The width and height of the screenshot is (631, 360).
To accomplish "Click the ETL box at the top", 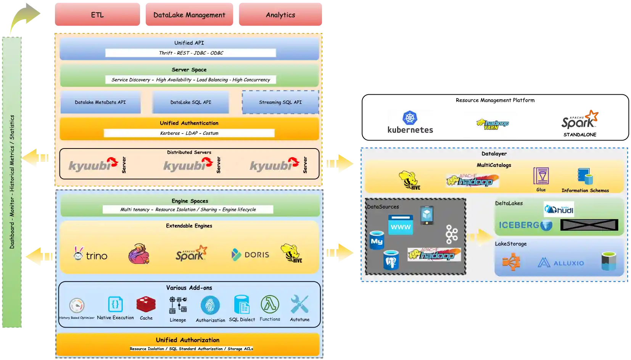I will click(97, 15).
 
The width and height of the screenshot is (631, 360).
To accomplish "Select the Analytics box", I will click(280, 15).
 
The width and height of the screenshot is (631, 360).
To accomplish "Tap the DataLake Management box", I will click(189, 15).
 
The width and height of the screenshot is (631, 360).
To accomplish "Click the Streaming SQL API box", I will click(280, 102).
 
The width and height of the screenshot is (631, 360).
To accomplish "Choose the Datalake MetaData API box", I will click(100, 102).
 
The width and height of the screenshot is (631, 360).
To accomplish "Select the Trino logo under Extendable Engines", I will click(90, 254).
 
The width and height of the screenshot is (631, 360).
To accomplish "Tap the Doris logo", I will click(250, 255).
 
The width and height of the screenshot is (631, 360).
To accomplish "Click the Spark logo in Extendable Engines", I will click(191, 253).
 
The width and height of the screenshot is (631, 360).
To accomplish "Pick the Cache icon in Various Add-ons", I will click(146, 305).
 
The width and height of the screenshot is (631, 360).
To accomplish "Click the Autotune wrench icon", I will click(299, 305).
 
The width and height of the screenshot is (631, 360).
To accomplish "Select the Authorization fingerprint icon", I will click(210, 305).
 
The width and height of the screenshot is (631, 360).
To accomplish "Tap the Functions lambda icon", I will click(270, 305).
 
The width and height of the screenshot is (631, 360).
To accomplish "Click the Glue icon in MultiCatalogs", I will click(541, 176).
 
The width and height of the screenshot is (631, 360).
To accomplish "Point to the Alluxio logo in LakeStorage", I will click(561, 263).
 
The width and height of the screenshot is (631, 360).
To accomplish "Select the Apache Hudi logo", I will click(559, 209).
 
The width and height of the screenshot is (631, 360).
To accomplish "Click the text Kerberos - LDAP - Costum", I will click(189, 133).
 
